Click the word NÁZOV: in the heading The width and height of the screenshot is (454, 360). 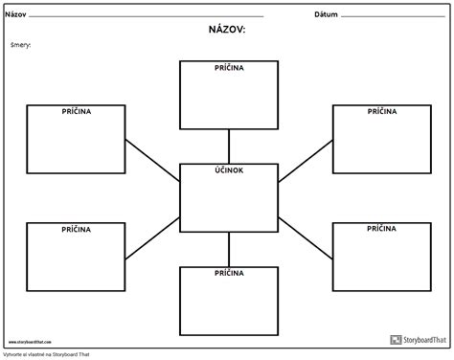pyautogui.click(x=227, y=31)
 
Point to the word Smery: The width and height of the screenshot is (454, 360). pyautogui.click(x=22, y=45)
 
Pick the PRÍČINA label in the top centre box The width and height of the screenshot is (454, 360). pyautogui.click(x=228, y=69)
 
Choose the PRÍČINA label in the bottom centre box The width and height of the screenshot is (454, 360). pyautogui.click(x=228, y=273)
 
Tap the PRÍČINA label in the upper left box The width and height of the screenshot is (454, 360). pyautogui.click(x=76, y=111)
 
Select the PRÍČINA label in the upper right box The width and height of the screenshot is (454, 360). pyautogui.click(x=380, y=111)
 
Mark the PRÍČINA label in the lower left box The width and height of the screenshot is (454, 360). pyautogui.click(x=76, y=230)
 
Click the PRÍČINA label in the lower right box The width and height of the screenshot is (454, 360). pyautogui.click(x=380, y=230)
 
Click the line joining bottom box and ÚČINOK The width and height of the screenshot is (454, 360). pyautogui.click(x=228, y=249)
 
